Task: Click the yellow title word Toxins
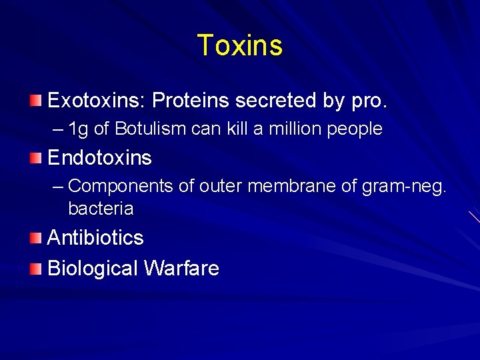[240, 45]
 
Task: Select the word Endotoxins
[99, 158]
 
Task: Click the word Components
[122, 187]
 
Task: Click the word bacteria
[101, 209]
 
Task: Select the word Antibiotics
[95, 238]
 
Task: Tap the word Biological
[93, 269]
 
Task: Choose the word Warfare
[181, 268]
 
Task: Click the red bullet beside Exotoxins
[35, 101]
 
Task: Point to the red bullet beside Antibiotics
[35, 238]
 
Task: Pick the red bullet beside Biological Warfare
[35, 269]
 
